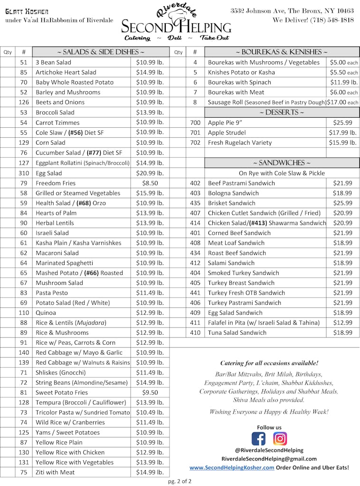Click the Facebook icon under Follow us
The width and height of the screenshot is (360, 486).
(x=259, y=439)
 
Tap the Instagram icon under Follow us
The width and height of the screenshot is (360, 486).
(x=280, y=439)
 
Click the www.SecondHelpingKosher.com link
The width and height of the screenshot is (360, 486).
(x=232, y=467)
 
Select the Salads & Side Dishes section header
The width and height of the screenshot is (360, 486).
(x=100, y=52)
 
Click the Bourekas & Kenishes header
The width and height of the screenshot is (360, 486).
(x=282, y=52)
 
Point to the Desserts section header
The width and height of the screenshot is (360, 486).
(x=282, y=112)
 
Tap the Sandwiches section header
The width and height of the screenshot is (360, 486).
(x=282, y=163)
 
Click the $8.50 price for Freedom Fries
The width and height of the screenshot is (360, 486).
(x=150, y=183)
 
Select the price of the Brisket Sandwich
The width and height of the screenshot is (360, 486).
(x=342, y=203)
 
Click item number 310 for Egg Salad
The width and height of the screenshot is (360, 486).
(x=24, y=173)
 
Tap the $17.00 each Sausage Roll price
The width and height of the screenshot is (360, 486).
(x=342, y=103)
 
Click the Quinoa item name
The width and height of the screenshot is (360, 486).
(x=46, y=313)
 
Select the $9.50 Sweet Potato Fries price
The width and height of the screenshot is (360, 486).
(x=150, y=393)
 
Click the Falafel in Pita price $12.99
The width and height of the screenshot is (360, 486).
(x=342, y=323)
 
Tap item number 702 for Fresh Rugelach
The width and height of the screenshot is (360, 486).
(x=195, y=143)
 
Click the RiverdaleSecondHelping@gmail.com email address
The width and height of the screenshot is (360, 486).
(x=269, y=459)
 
